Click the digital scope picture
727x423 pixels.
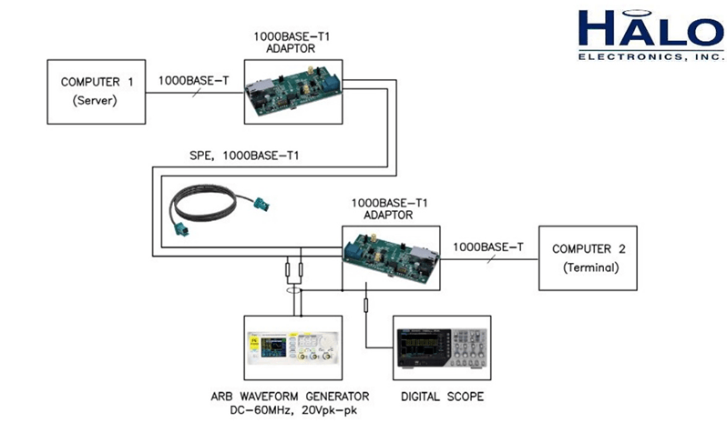pyautogui.click(x=442, y=348)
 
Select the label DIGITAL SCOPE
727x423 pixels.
pyautogui.click(x=442, y=396)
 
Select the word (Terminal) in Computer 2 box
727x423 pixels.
pyautogui.click(x=590, y=267)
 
